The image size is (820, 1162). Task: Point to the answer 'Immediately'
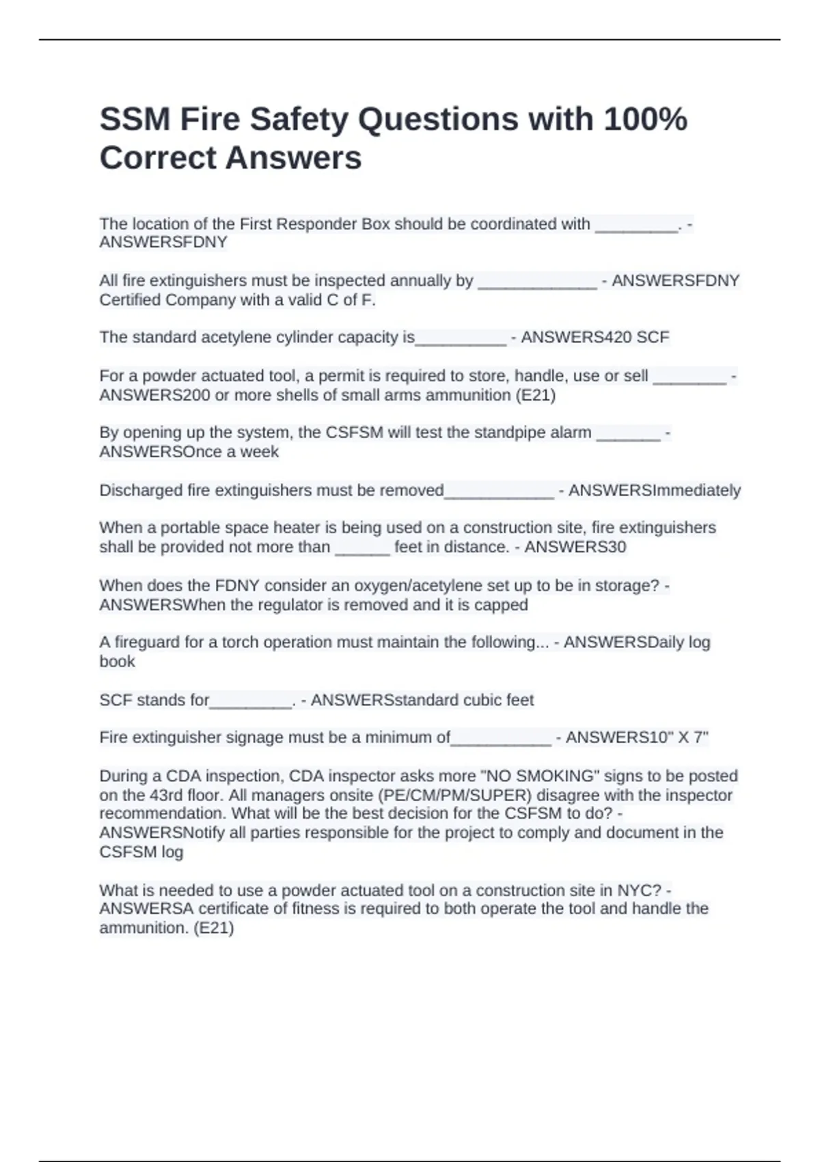tap(697, 490)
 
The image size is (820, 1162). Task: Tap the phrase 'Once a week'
tap(232, 452)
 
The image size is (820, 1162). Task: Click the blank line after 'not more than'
tap(362, 549)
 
